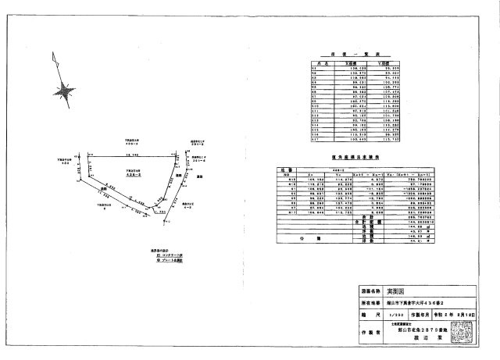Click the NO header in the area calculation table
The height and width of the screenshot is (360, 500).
click(x=285, y=173)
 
